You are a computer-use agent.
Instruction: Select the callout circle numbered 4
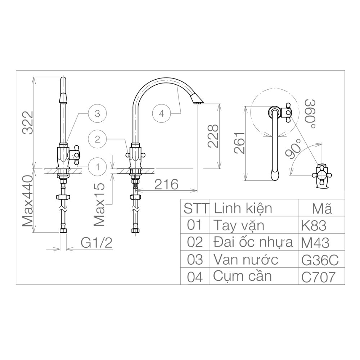(x=161, y=114)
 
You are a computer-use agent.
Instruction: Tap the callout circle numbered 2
(x=97, y=139)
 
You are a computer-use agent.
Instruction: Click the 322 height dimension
(x=28, y=123)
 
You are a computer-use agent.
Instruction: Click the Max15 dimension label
(x=99, y=204)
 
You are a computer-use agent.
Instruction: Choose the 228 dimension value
(x=212, y=136)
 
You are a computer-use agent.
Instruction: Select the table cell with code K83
(x=314, y=226)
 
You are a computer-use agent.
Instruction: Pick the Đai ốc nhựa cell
(x=253, y=243)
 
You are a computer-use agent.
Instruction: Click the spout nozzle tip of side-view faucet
(x=198, y=101)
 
